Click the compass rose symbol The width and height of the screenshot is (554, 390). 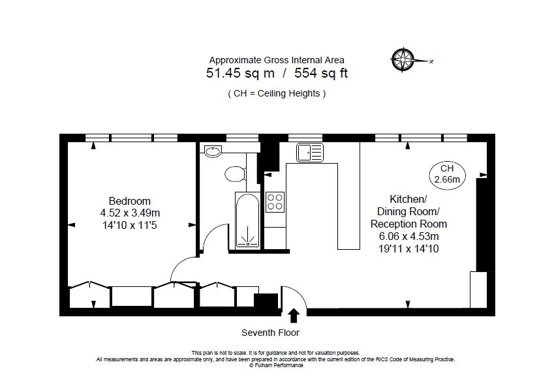403,60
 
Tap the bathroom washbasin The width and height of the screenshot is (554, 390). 213,151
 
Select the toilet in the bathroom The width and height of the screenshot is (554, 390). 236,174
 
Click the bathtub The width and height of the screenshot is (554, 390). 247,220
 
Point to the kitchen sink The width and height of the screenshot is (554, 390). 310,153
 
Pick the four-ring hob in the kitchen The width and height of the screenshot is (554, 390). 275,202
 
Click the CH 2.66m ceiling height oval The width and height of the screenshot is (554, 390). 447,174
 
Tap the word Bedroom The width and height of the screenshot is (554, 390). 130,201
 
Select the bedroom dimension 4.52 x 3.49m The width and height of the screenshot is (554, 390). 130,213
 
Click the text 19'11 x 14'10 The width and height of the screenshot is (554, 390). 408,248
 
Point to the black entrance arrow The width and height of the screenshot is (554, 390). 294,316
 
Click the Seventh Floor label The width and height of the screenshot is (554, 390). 270,333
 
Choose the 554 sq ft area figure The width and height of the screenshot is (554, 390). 321,73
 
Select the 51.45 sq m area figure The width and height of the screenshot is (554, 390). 240,73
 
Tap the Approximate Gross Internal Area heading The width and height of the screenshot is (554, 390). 277,60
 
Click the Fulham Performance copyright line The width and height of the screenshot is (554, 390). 276,365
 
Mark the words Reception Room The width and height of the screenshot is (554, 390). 408,224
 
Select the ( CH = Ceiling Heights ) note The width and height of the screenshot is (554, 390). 277,94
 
